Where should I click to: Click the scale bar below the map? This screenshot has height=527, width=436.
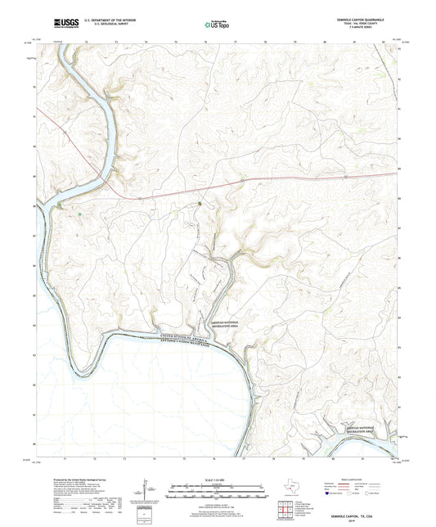[218, 493]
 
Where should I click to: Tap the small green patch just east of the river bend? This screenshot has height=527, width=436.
[80, 214]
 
